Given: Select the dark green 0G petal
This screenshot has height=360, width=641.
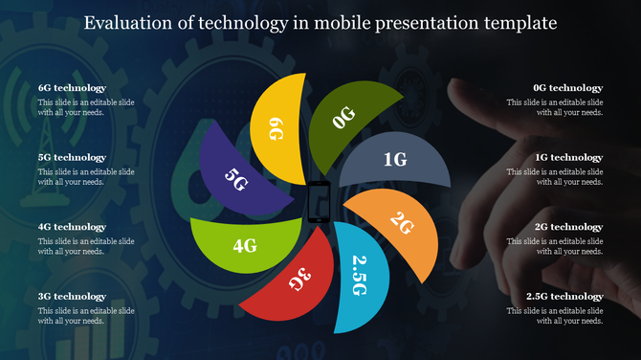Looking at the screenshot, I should coord(350,115).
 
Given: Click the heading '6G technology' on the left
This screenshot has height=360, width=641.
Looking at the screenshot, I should coord(72,87).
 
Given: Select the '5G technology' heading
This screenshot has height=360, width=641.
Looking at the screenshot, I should coord(72,157).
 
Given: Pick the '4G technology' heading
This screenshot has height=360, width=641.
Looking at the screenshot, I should coord(72,227).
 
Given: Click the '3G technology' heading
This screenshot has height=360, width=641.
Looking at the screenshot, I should coord(72,297).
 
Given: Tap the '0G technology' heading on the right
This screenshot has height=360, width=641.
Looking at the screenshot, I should coord(568,87).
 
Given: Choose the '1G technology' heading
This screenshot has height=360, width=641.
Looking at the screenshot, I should coord(568,157).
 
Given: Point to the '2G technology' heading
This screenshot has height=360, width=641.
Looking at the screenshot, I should coord(568,227).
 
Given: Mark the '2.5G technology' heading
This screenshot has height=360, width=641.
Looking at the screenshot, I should coord(564,297).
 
